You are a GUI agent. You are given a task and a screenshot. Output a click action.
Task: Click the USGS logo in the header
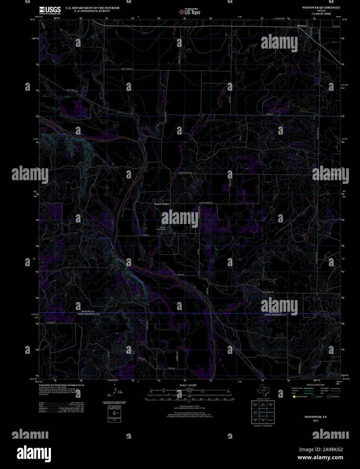50,10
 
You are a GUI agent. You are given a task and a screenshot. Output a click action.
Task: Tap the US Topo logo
190,12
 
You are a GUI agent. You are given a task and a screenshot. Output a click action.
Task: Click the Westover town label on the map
302,26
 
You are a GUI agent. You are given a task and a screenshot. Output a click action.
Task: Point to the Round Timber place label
162,204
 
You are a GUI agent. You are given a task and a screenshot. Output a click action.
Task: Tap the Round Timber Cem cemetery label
163,228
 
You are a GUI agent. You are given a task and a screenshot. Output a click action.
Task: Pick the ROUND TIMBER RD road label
206,202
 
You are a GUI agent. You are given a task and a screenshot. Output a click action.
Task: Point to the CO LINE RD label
51,323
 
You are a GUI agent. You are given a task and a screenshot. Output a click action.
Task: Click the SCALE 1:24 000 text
188,385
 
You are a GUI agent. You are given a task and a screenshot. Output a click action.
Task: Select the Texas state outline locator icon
262,391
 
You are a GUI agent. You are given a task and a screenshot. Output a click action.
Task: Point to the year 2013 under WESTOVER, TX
315,421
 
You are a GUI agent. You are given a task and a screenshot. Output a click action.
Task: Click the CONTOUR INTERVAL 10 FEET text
188,408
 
